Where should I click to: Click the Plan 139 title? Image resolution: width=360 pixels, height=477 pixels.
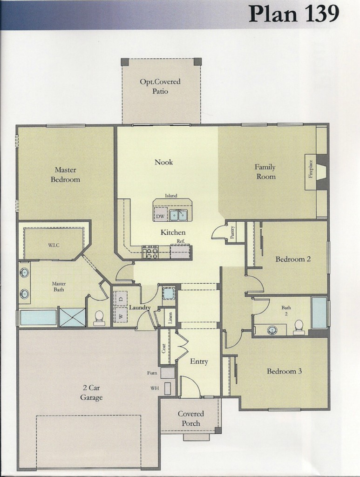[x=294, y=14]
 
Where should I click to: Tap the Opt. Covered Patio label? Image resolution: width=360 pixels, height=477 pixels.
[x=160, y=86]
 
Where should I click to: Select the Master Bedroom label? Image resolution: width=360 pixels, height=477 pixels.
[x=65, y=174]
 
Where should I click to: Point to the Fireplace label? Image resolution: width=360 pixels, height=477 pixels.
[x=311, y=169]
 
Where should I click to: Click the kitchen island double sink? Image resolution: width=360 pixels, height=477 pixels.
[x=178, y=216]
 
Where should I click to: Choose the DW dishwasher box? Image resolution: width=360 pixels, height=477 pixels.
[x=160, y=216]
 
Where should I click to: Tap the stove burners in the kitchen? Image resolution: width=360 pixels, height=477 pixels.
[x=150, y=252]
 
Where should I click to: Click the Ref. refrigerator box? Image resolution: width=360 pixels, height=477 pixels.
[x=181, y=252]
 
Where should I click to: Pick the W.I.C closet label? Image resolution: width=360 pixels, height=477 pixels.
[x=54, y=245]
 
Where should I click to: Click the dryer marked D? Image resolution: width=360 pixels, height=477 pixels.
[x=121, y=299]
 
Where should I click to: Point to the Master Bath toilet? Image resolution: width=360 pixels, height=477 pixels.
[x=99, y=317]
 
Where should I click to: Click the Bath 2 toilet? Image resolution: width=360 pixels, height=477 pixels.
[x=298, y=327]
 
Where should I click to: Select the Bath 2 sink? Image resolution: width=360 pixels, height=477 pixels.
[x=272, y=330]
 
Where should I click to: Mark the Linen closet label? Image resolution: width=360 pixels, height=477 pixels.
[x=170, y=318]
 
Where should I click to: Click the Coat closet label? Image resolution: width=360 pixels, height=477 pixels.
[x=164, y=348]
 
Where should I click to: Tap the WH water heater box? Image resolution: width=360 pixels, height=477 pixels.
[x=168, y=388]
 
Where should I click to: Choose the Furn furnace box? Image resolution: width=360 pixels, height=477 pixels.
[x=168, y=373]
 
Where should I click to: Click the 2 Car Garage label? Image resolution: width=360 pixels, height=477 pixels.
[x=91, y=392]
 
